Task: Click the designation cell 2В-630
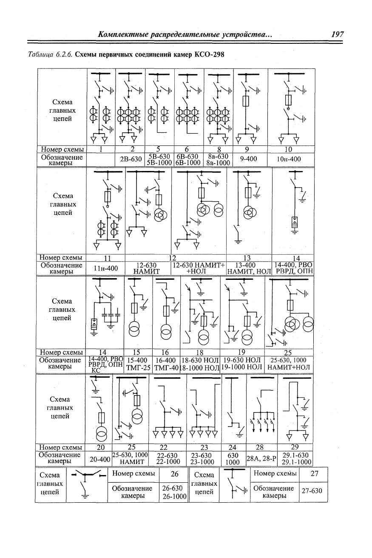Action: (x=131, y=159)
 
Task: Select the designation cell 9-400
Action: (x=248, y=159)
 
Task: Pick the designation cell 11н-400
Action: (x=105, y=268)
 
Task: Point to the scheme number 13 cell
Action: (x=247, y=258)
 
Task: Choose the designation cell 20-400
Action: (x=100, y=459)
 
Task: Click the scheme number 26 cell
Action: (x=174, y=473)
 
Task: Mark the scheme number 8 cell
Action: (x=219, y=149)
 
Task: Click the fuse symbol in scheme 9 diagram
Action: (x=245, y=101)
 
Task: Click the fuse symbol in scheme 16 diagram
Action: (x=166, y=311)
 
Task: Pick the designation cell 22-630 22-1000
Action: (x=168, y=458)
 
